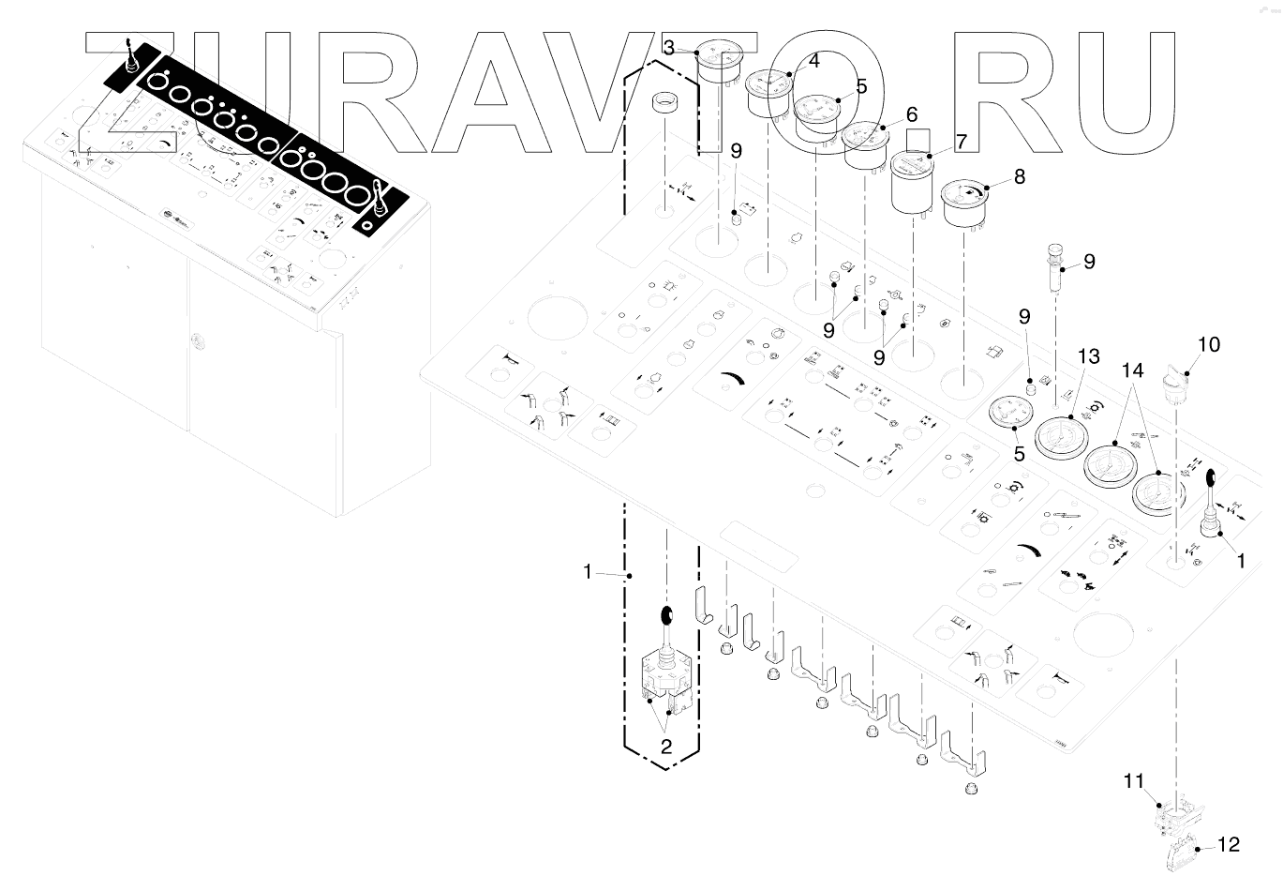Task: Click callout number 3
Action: pyautogui.click(x=668, y=46)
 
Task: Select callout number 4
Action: pyautogui.click(x=813, y=61)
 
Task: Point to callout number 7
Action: pyautogui.click(x=960, y=143)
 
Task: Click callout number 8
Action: pyautogui.click(x=1019, y=175)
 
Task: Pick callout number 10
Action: pyautogui.click(x=1208, y=344)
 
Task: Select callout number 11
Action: pyautogui.click(x=1135, y=779)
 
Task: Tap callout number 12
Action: pyautogui.click(x=1229, y=845)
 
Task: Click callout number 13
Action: pyautogui.click(x=1087, y=356)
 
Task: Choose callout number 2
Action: pyautogui.click(x=666, y=748)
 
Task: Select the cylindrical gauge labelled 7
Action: pyautogui.click(x=913, y=183)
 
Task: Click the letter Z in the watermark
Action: pyautogui.click(x=141, y=94)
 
